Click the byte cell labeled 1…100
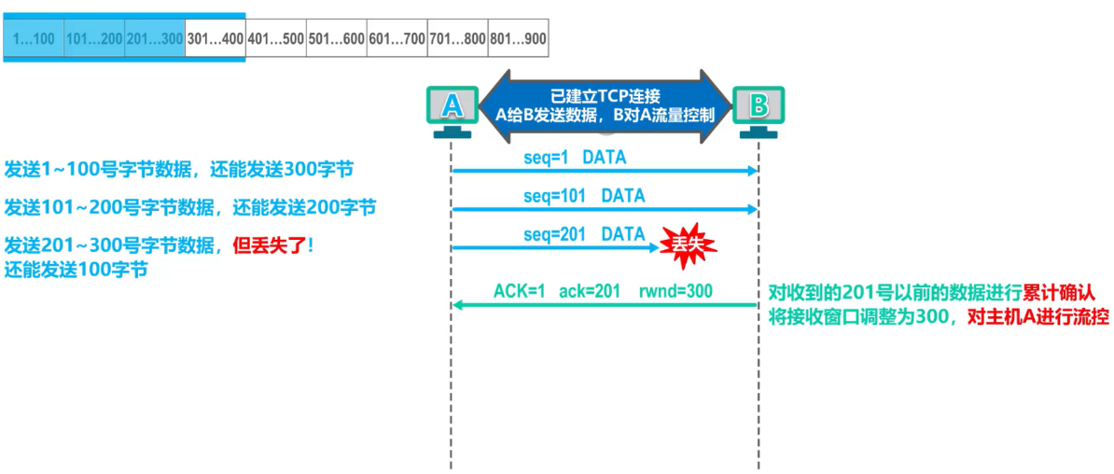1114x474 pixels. click(x=34, y=39)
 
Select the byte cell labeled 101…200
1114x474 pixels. click(x=94, y=39)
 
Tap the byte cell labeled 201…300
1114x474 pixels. click(x=155, y=39)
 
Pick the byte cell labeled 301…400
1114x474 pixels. click(x=215, y=39)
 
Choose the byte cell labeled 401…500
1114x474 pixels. click(x=275, y=39)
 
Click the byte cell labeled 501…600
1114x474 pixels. click(x=336, y=39)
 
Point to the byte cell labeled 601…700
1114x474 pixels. click(x=397, y=39)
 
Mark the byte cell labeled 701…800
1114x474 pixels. click(x=457, y=39)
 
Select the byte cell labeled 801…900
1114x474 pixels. click(x=518, y=39)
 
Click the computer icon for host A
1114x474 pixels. click(x=452, y=109)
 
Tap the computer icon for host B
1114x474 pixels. click(x=759, y=109)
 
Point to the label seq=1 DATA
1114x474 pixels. click(x=575, y=158)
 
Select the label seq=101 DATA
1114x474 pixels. click(x=584, y=196)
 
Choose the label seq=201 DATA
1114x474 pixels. click(x=584, y=234)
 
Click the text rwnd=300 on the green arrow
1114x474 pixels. click(x=675, y=291)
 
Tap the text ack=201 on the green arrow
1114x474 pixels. click(x=590, y=291)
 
